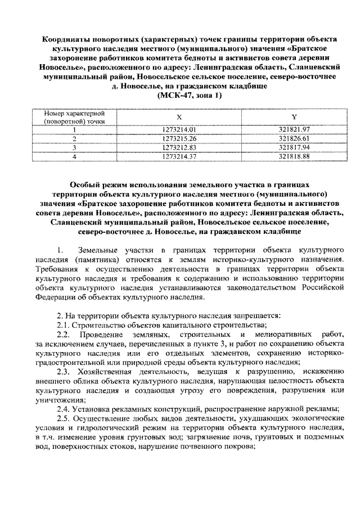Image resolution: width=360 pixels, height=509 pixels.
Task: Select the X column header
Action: coord(179,117)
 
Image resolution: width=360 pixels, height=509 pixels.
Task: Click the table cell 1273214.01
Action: coord(179,129)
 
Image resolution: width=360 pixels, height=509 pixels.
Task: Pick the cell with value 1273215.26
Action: coord(179,138)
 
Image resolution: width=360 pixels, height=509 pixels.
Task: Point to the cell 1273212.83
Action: coord(179,147)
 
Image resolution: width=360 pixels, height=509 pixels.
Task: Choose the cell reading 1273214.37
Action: coord(179,156)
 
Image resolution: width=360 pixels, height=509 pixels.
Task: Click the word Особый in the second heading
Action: coord(86,184)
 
